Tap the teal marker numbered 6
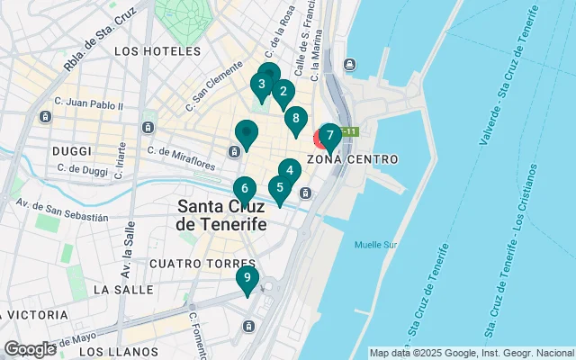point(244,189)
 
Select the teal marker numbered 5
point(280,189)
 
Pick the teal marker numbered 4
point(289,169)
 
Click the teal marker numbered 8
point(293,118)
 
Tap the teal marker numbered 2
point(283,91)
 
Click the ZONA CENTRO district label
point(352,159)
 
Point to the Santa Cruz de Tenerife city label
point(223,214)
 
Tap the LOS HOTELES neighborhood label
point(157,52)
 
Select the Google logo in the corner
point(30,349)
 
